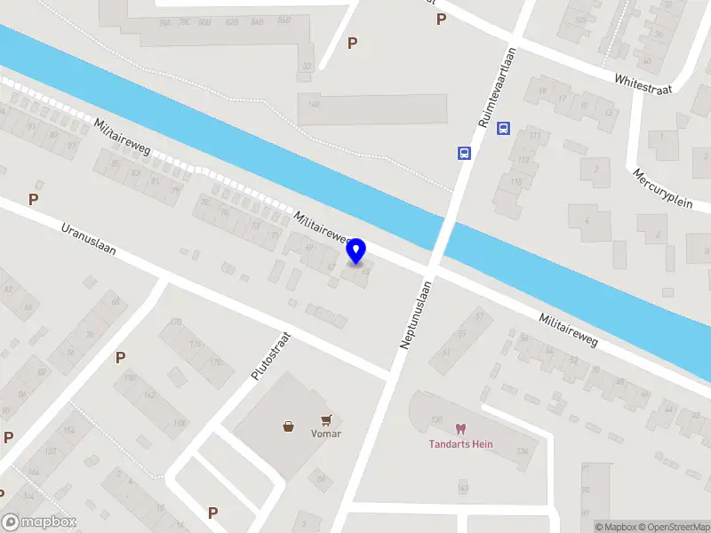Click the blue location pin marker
pyautogui.click(x=356, y=251)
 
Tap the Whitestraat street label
pyautogui.click(x=644, y=83)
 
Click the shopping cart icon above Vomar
pyautogui.click(x=328, y=419)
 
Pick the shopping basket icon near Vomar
pyautogui.click(x=289, y=426)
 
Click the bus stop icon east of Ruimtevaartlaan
pyautogui.click(x=503, y=128)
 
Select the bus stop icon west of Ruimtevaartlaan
pyautogui.click(x=464, y=153)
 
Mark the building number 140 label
pyautogui.click(x=313, y=104)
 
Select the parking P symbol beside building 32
pyautogui.click(x=353, y=43)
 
